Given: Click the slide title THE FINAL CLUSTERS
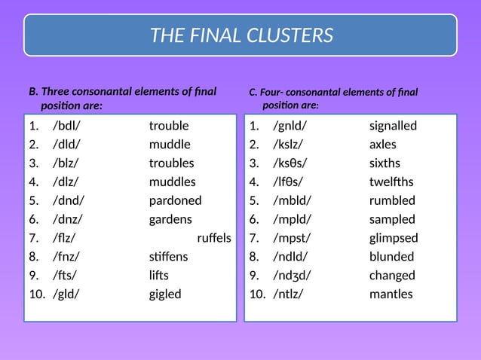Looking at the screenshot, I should click(x=241, y=35).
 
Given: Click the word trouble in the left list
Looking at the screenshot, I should click(x=169, y=126).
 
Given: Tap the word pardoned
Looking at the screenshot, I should click(x=175, y=200).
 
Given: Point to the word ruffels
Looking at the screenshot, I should click(x=214, y=238).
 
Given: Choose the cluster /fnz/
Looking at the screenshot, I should click(x=66, y=257).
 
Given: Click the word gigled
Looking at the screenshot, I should click(x=165, y=294).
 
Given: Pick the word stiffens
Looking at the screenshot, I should click(x=168, y=257).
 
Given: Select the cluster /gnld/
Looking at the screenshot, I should click(x=290, y=126).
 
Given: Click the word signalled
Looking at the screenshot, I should click(x=393, y=126).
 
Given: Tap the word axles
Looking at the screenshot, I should click(x=382, y=145).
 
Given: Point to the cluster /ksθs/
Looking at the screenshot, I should click(x=290, y=163).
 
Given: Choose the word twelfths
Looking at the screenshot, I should click(x=391, y=182).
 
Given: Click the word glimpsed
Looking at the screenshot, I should click(x=394, y=238).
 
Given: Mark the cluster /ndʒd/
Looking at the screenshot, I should click(x=291, y=276).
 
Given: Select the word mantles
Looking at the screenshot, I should click(x=391, y=294).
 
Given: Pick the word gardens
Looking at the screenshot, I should click(x=170, y=219).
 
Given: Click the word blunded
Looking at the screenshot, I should click(x=391, y=257).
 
